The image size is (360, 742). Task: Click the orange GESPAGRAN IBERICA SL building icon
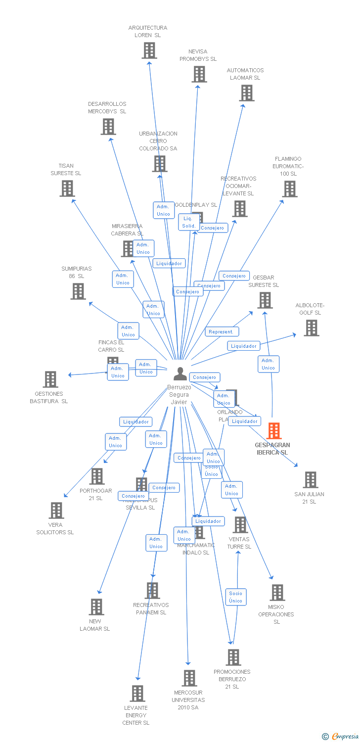[274, 431]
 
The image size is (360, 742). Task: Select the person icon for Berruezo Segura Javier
[180, 374]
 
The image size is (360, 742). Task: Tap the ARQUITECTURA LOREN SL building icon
[149, 50]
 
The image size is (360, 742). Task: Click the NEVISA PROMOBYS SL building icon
[199, 74]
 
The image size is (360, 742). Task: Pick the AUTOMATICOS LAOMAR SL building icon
[246, 93]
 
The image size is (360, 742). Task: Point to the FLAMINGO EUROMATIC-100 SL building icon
[289, 189]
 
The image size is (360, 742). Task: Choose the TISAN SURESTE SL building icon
[67, 188]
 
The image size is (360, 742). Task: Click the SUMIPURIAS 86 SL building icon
[78, 291]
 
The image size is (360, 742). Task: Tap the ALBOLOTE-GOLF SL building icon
[311, 328]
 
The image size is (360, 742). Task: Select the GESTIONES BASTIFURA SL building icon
[50, 379]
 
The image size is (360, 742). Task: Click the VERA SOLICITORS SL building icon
[56, 510]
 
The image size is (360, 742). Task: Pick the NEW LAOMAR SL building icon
[96, 607]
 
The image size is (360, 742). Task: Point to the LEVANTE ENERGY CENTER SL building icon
[137, 694]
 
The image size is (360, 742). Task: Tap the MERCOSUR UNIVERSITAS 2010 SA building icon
[189, 678]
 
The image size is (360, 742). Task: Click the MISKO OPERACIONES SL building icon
[277, 593]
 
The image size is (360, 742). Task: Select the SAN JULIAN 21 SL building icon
[310, 480]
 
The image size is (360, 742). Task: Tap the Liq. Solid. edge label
[188, 222]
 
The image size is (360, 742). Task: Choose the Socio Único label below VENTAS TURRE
[236, 597]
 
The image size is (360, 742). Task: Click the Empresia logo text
[344, 737]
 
